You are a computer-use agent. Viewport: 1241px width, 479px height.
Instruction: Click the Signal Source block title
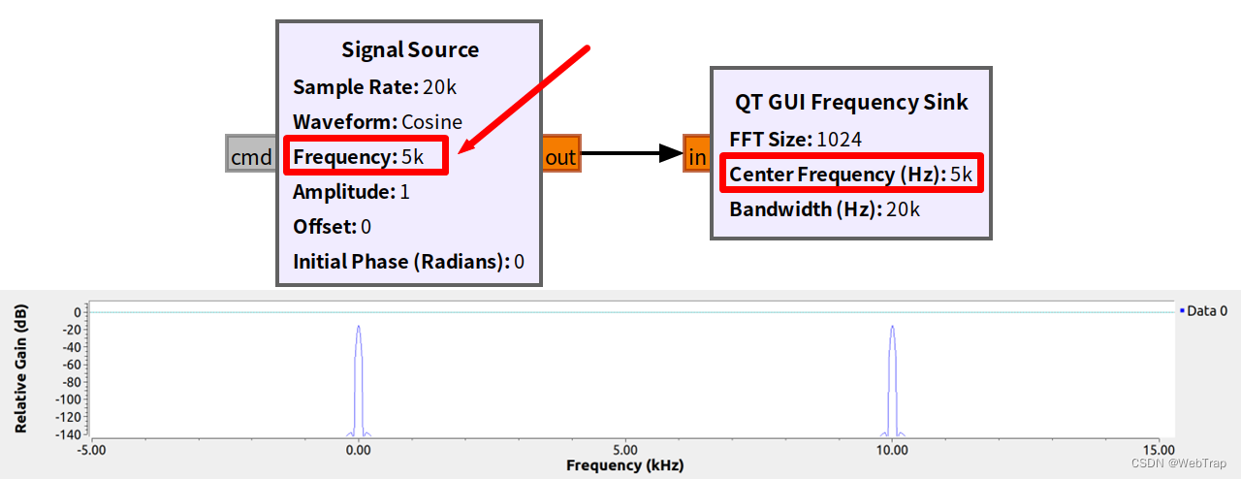409,49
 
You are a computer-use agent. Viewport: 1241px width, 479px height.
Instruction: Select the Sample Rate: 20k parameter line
374,87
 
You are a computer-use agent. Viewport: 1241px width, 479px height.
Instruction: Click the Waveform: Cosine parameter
377,122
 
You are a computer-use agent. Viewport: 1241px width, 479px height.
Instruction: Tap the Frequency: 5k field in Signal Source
366,156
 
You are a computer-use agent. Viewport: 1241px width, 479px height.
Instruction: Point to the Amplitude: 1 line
351,192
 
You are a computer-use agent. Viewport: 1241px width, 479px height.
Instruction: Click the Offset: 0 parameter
332,227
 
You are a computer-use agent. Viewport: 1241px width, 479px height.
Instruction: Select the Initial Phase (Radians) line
408,262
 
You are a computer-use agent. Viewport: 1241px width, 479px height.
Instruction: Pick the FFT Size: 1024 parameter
795,140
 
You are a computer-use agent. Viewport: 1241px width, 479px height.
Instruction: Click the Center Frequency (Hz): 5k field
850,175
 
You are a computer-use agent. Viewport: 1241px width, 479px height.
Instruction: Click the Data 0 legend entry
1205,311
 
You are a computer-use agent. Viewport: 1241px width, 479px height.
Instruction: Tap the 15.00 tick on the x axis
1159,450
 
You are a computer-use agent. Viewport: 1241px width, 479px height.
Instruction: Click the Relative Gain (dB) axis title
20,368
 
